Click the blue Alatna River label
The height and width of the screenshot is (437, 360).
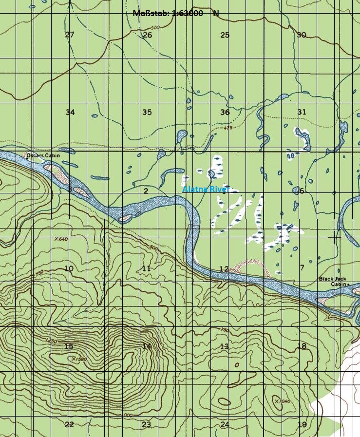click(x=205, y=189)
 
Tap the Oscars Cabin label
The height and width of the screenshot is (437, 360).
click(x=42, y=155)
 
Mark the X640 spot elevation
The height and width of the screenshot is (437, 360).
click(x=61, y=239)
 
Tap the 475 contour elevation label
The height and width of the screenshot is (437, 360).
click(x=227, y=128)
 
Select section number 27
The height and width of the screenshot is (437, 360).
click(x=70, y=35)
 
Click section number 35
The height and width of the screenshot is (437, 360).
click(x=147, y=113)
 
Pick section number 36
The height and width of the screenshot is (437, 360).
click(x=225, y=113)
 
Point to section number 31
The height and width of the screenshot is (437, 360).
click(x=302, y=112)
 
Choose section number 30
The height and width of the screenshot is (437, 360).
click(x=302, y=35)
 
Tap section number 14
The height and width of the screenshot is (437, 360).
click(x=146, y=346)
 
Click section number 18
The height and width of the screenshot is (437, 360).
click(x=302, y=346)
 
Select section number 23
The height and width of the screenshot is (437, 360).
click(x=146, y=425)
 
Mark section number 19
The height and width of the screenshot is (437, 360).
click(x=302, y=425)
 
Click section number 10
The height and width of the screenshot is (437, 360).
click(x=69, y=269)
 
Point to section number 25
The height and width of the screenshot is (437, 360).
click(x=225, y=35)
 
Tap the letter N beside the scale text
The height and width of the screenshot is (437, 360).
click(x=216, y=14)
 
